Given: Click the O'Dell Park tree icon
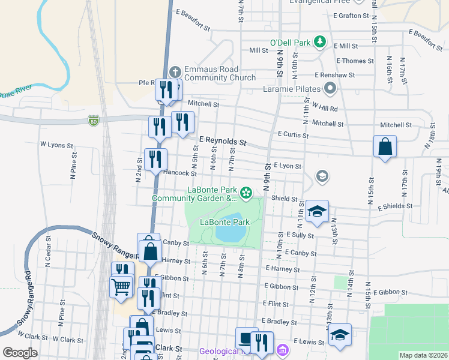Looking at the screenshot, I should pyautogui.click(x=321, y=42).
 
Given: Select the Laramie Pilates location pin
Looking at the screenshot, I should pyautogui.click(x=330, y=90).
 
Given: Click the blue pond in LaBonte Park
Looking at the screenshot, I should pyautogui.click(x=229, y=229).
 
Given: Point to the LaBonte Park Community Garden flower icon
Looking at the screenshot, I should pyautogui.click(x=246, y=193).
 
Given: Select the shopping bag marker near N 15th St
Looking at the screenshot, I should pyautogui.click(x=385, y=146).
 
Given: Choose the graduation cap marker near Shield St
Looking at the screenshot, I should pyautogui.click(x=317, y=211).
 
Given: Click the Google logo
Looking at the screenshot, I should pyautogui.click(x=20, y=353).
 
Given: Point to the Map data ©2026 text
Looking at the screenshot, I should pyautogui.click(x=423, y=355).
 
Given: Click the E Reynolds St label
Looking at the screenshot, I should pyautogui.click(x=223, y=141).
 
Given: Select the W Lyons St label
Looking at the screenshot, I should pyautogui.click(x=56, y=145).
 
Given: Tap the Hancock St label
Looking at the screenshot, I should pyautogui.click(x=180, y=173).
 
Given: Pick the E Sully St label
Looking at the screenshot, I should pyautogui.click(x=300, y=235).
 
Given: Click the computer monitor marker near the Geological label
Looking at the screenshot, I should pyautogui.click(x=246, y=338).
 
